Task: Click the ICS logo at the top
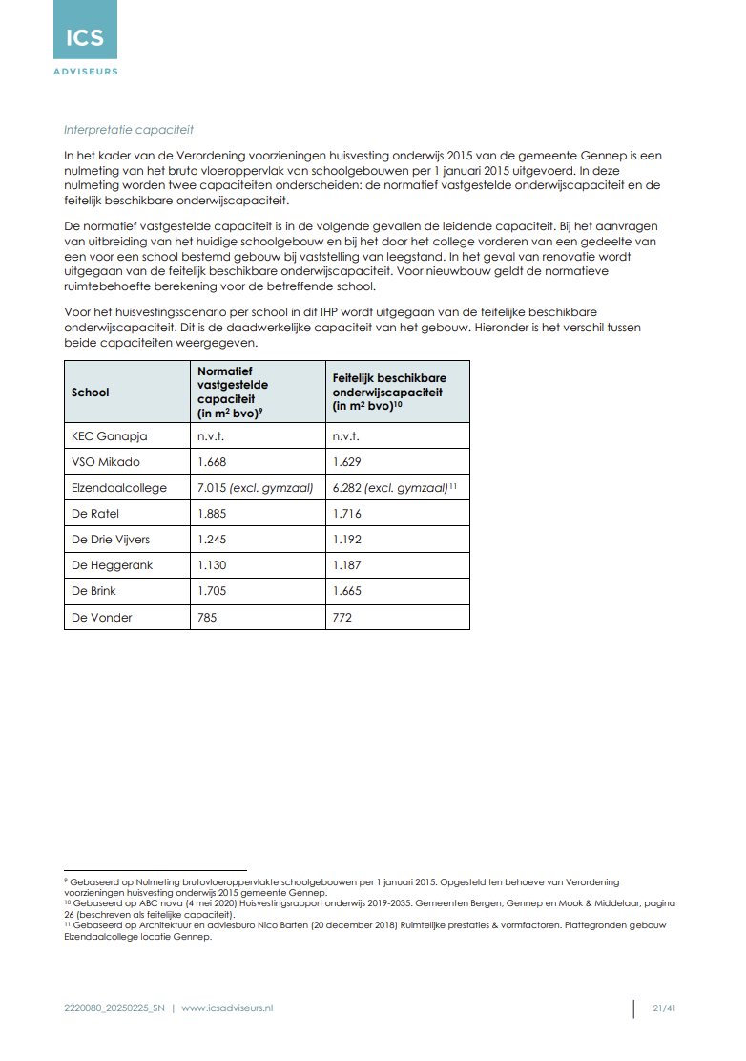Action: tap(85, 39)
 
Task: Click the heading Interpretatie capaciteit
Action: tap(128, 130)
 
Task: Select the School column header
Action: tap(91, 393)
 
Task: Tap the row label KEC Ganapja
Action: tap(110, 436)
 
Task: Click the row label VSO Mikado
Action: tap(106, 462)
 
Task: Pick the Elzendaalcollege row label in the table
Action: tap(119, 488)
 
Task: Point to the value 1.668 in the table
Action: tap(212, 462)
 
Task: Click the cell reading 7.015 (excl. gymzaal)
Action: tap(255, 488)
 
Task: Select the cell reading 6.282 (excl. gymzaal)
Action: tap(390, 488)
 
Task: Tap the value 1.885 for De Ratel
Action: tap(212, 514)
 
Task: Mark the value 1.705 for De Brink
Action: tap(212, 591)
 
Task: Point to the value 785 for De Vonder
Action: tap(207, 617)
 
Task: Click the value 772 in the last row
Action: tap(342, 617)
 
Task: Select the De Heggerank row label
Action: tap(112, 565)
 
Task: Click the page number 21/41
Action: tap(664, 1008)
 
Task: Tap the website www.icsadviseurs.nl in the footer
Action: tap(227, 1008)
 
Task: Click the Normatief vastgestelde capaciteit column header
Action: tap(233, 392)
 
